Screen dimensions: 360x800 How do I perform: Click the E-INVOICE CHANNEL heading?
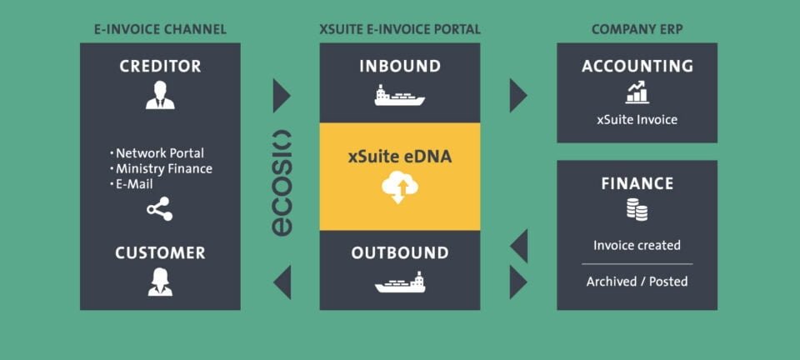pyautogui.click(x=160, y=29)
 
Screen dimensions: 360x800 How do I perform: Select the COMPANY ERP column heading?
pyautogui.click(x=637, y=29)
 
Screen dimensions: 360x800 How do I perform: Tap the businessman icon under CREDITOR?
pyautogui.click(x=160, y=96)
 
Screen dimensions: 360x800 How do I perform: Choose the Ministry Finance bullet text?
pyautogui.click(x=163, y=168)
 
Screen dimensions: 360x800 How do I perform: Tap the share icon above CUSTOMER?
pyautogui.click(x=160, y=209)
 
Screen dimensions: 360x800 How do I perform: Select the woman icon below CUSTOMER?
pyautogui.click(x=160, y=282)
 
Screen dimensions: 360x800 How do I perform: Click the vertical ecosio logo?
pyautogui.click(x=282, y=182)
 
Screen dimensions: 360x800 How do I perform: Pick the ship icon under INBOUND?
pyautogui.click(x=399, y=96)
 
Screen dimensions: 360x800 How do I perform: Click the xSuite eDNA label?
pyautogui.click(x=399, y=156)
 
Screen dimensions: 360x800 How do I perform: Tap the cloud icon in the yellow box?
pyautogui.click(x=399, y=189)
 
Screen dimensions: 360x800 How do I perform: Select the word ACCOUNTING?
pyautogui.click(x=637, y=66)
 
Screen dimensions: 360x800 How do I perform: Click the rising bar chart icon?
pyautogui.click(x=637, y=92)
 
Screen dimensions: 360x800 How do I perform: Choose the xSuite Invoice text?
pyautogui.click(x=637, y=119)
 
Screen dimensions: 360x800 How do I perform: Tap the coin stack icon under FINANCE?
pyautogui.click(x=637, y=210)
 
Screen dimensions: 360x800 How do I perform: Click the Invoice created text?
pyautogui.click(x=637, y=245)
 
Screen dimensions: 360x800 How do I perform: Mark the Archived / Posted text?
pyautogui.click(x=637, y=281)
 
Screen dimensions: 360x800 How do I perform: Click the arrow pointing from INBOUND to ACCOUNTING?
pyautogui.click(x=517, y=96)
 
